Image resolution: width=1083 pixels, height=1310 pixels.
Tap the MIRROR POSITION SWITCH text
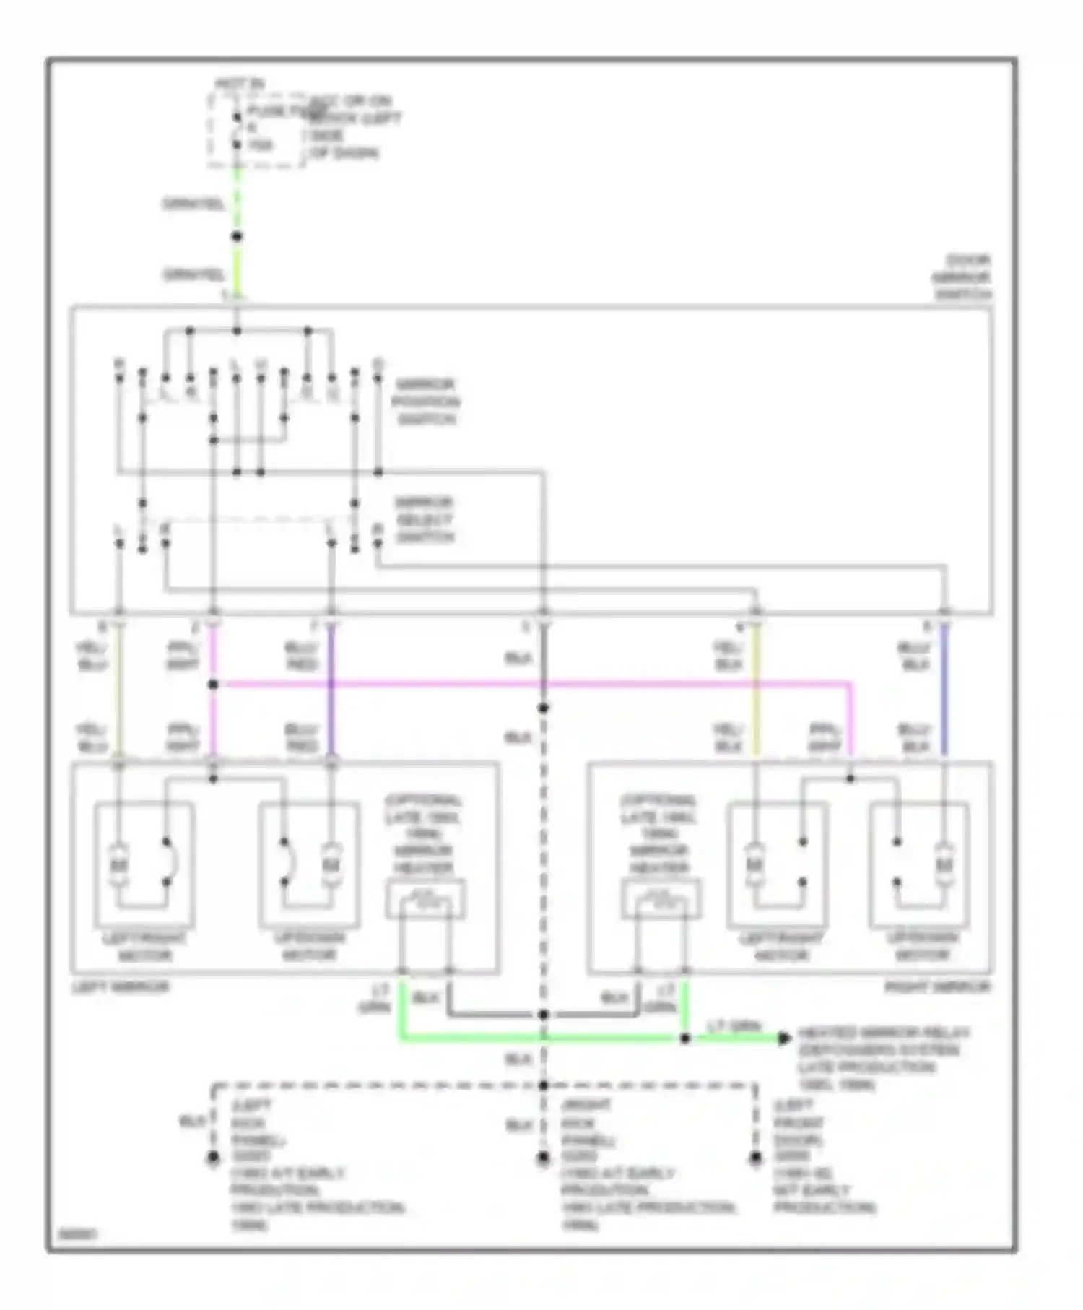(426, 402)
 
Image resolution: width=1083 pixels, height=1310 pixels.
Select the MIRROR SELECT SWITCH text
(425, 520)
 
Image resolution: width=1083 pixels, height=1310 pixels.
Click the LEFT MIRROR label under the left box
(121, 987)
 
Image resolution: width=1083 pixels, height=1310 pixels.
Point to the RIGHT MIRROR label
(938, 987)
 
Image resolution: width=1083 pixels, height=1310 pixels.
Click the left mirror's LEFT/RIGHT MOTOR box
(144, 865)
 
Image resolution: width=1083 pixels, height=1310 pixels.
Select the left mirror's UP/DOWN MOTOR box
(309, 865)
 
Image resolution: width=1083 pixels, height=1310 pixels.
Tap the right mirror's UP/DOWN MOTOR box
(920, 865)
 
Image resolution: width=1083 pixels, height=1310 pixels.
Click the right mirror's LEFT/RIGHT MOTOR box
(778, 865)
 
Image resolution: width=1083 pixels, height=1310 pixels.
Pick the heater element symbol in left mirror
(425, 900)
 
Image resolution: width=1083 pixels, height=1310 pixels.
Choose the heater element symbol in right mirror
(661, 900)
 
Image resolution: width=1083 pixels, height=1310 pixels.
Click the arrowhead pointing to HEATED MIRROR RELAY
(784, 1038)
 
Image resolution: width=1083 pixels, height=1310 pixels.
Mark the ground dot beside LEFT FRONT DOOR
(755, 1158)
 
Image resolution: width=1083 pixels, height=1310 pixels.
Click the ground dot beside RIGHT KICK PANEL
(543, 1158)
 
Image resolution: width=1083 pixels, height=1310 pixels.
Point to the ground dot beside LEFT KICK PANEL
(213, 1158)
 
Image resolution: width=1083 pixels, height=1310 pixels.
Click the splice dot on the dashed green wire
(236, 236)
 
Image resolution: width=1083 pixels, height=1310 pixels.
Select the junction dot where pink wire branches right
(213, 683)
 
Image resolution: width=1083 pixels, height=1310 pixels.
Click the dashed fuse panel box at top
(257, 130)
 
